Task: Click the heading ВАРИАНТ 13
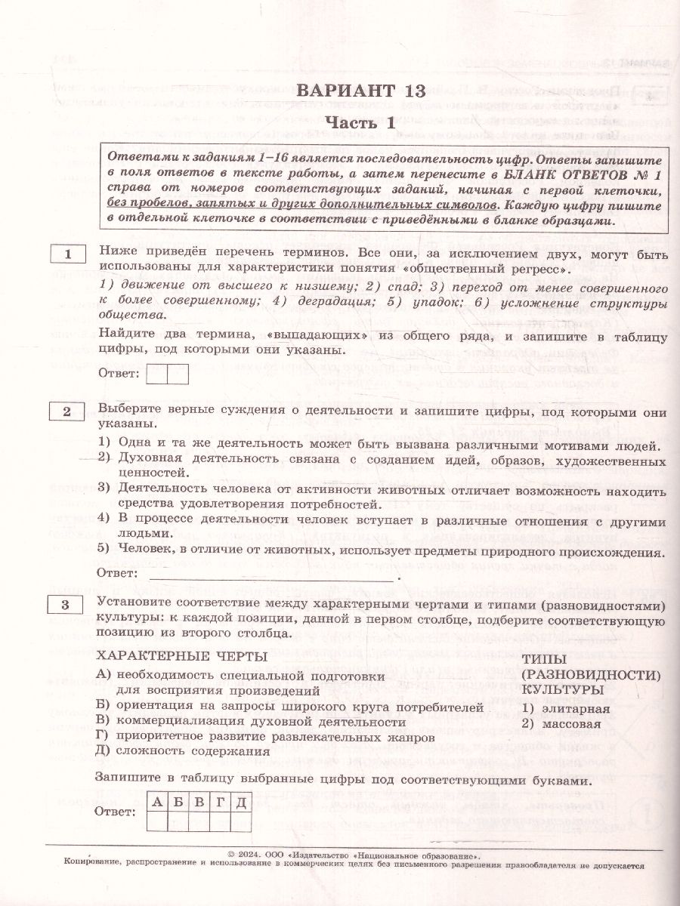pyautogui.click(x=361, y=91)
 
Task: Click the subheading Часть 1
pyautogui.click(x=361, y=124)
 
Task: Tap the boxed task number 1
pyautogui.click(x=68, y=256)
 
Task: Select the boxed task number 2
pyautogui.click(x=68, y=411)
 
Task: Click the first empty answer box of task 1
pyautogui.click(x=157, y=374)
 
